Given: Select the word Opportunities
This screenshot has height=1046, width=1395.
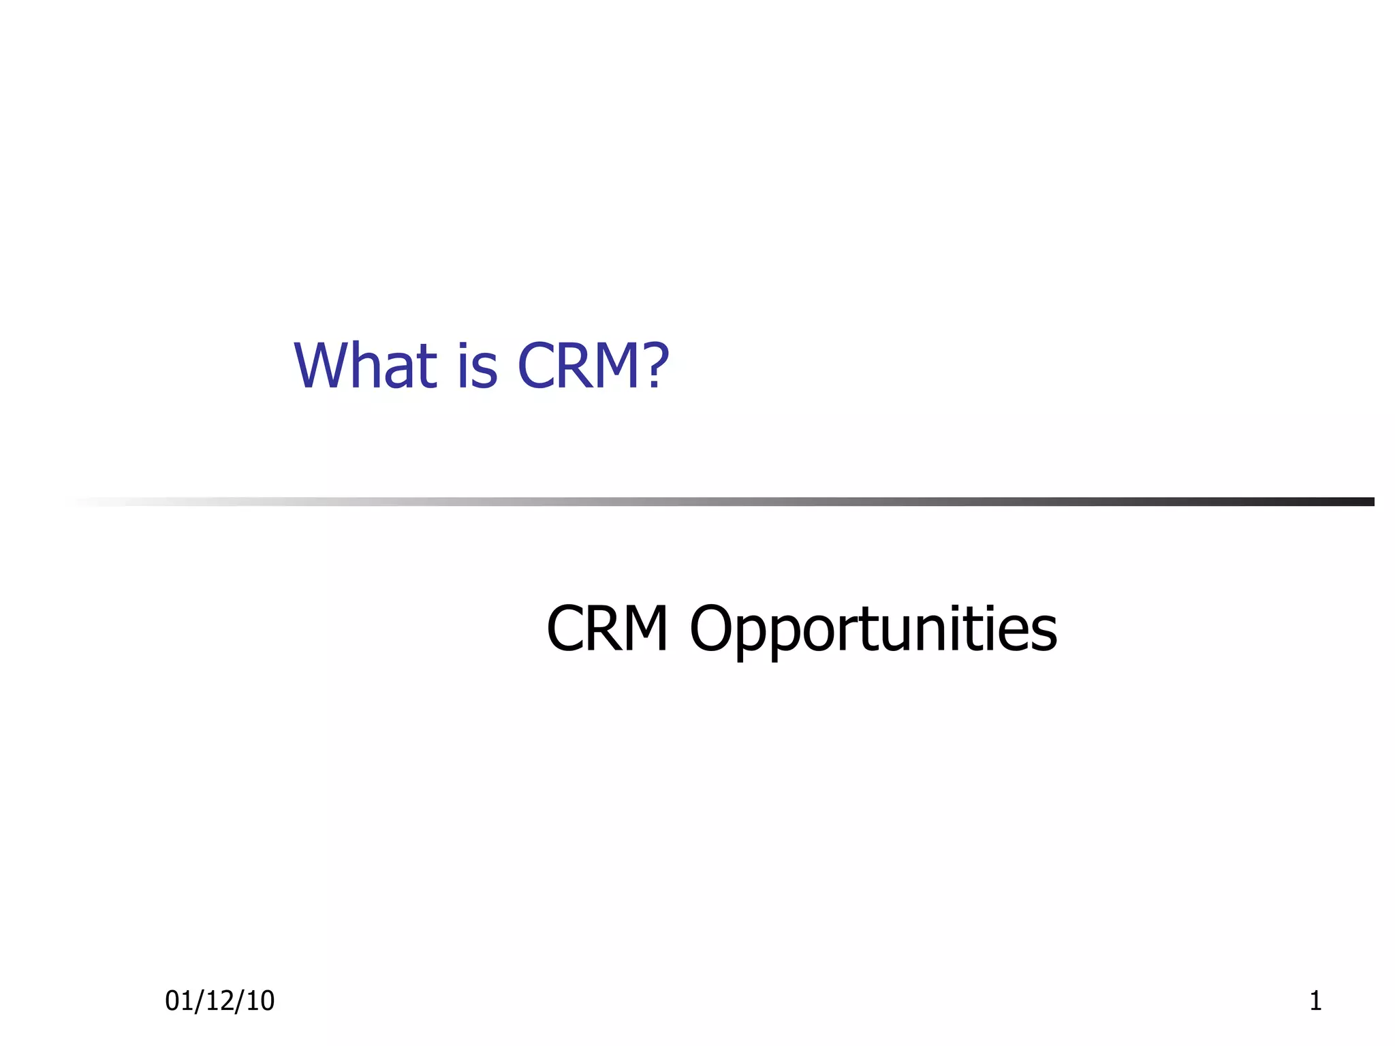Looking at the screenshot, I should (873, 631).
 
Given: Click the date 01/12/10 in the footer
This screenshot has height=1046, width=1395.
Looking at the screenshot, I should (219, 1000).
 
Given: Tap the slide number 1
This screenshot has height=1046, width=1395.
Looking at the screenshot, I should (1315, 1000).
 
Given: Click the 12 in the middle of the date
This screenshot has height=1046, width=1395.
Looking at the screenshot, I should (219, 1000).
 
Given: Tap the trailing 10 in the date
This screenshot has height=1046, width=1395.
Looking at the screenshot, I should (260, 1000).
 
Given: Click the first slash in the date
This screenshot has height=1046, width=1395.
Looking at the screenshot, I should (199, 1000).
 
